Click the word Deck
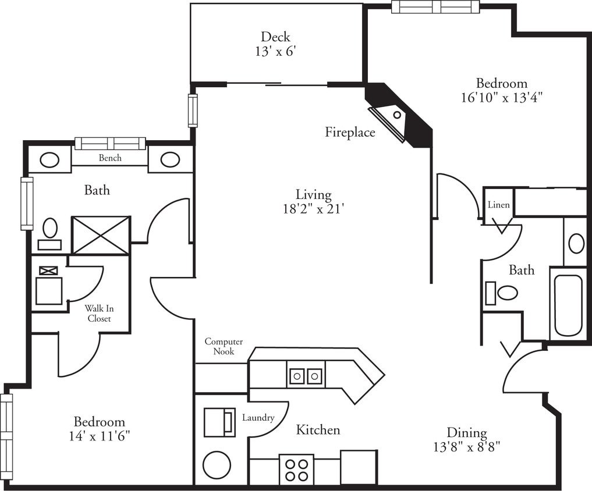[x=275, y=37]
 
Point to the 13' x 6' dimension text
[x=275, y=52]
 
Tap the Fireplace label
[x=350, y=133]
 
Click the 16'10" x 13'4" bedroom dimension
[x=501, y=97]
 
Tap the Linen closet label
[x=499, y=205]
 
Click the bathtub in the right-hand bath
[x=568, y=305]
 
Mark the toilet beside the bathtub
[x=504, y=293]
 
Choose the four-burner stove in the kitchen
[x=296, y=469]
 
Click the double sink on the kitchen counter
[x=306, y=376]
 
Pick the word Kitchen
[x=318, y=430]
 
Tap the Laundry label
[x=258, y=418]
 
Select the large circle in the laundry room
[x=217, y=465]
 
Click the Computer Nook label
[x=224, y=347]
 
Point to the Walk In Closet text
[x=99, y=313]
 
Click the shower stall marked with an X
[x=101, y=235]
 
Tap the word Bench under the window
[x=110, y=158]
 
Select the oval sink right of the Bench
[x=170, y=159]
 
